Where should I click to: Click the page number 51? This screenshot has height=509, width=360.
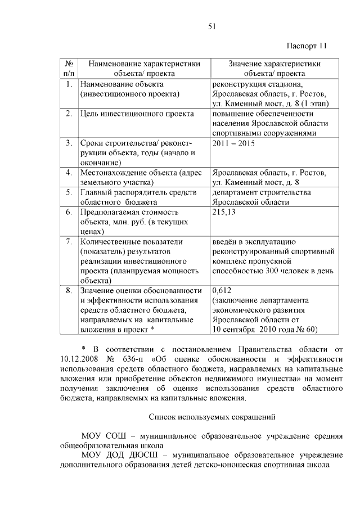(212, 26)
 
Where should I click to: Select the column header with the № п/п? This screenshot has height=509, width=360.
(68, 68)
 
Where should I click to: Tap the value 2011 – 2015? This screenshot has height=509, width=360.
(233, 143)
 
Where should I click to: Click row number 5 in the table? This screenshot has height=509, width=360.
(68, 192)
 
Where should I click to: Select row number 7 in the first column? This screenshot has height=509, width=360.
(68, 242)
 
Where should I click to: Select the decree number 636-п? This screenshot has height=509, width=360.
(141, 358)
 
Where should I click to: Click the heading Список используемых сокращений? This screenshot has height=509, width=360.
(212, 417)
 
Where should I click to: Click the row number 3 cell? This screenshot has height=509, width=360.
(68, 143)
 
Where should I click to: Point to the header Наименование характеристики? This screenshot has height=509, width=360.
(144, 64)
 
